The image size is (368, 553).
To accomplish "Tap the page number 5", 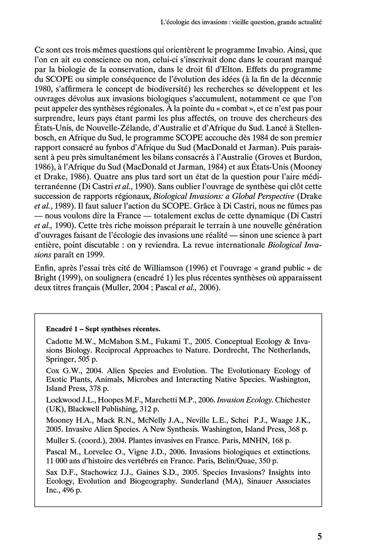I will [x=319, y=536].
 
